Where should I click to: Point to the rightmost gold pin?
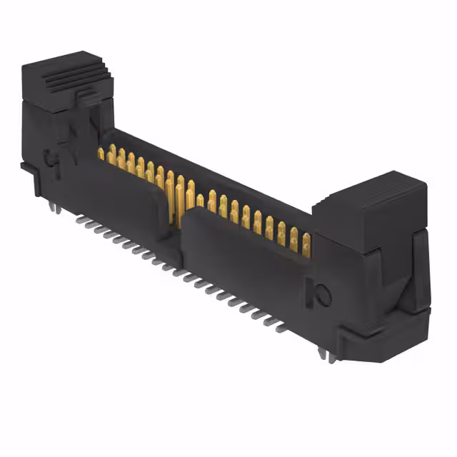306,243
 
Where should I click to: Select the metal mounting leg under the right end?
330,356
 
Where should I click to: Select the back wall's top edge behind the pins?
214,171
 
